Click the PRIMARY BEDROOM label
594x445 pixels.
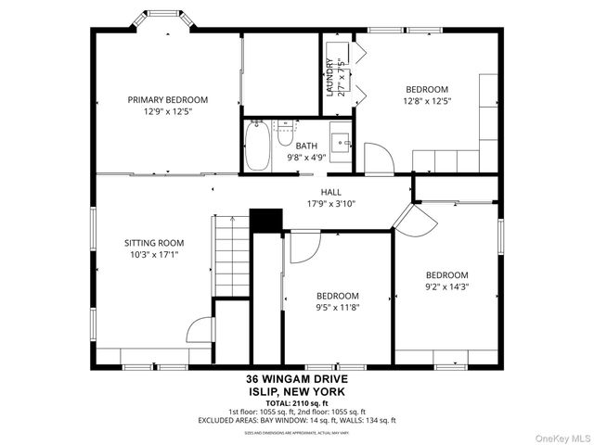coord(168,99)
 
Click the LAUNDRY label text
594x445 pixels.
coord(329,78)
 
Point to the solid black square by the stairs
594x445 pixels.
coord(267,220)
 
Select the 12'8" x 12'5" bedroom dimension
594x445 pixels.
coord(427,101)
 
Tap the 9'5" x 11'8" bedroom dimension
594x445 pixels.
coord(337,307)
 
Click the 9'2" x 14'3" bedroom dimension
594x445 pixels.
coord(446,286)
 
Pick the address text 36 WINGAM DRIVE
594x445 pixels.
coord(296,379)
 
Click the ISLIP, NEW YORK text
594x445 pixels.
coord(296,391)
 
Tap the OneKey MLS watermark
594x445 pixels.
coord(561,437)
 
